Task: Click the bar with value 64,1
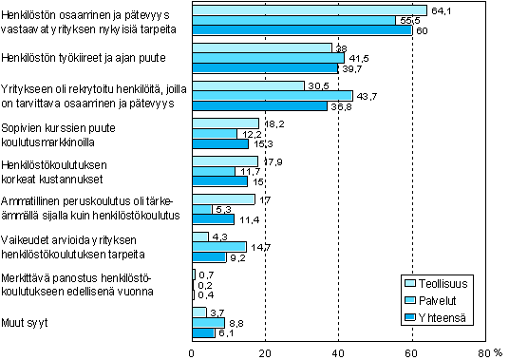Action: tap(309, 9)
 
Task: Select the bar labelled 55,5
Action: tap(293, 19)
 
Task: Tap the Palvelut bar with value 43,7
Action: tap(273, 95)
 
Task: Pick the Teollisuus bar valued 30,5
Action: tap(248, 85)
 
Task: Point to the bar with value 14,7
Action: tap(219, 247)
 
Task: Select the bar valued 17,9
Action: tap(225, 161)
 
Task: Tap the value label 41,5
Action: tap(356, 57)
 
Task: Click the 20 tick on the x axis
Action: tap(265, 352)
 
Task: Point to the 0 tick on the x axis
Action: tap(193, 352)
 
